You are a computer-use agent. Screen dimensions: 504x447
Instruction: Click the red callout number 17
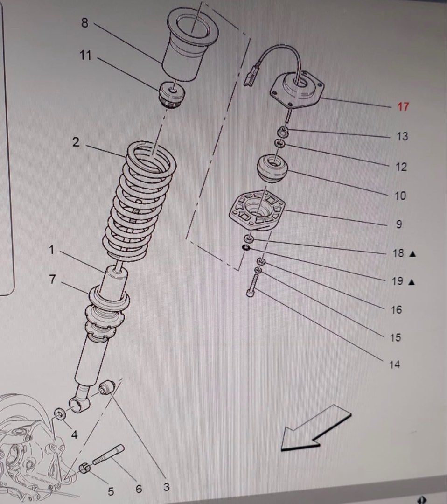403,106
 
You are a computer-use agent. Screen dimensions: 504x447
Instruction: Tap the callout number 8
84,23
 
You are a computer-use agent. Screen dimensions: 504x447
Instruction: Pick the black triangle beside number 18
412,254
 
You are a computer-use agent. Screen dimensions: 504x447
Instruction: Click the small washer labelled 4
60,414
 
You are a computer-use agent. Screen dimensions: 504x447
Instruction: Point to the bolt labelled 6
108,455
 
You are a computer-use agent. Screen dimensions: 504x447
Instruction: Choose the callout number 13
402,136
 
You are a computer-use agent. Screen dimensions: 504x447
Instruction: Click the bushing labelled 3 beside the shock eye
107,387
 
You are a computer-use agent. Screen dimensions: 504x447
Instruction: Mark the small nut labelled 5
84,467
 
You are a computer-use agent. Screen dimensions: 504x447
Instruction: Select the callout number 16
396,309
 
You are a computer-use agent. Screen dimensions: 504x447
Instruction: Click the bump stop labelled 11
172,94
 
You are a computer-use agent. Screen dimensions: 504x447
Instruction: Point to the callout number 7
52,280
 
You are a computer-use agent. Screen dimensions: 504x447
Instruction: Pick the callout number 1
51,250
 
